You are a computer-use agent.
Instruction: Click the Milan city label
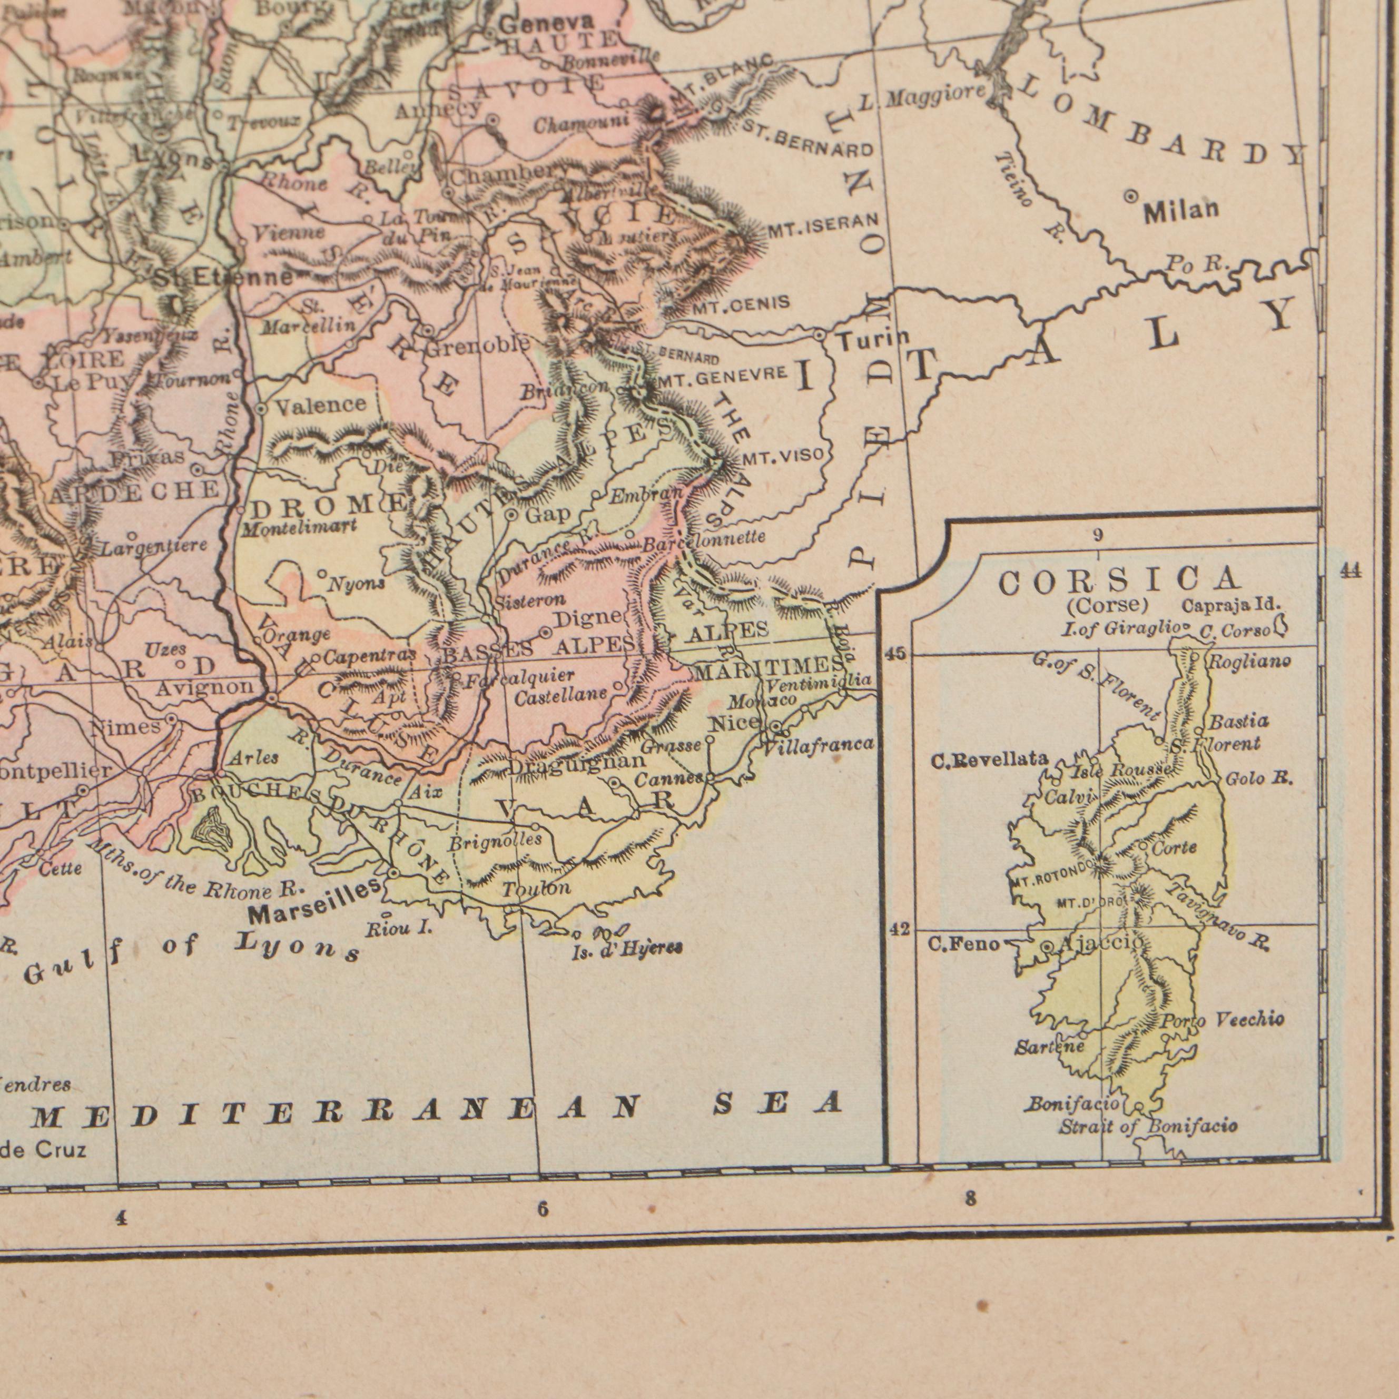1181,211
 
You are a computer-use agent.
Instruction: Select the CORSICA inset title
1119,580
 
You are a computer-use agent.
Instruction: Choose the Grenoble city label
477,346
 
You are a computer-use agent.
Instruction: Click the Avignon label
205,686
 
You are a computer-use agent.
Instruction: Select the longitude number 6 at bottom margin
543,1208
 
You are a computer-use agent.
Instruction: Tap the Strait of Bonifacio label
1148,1126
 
